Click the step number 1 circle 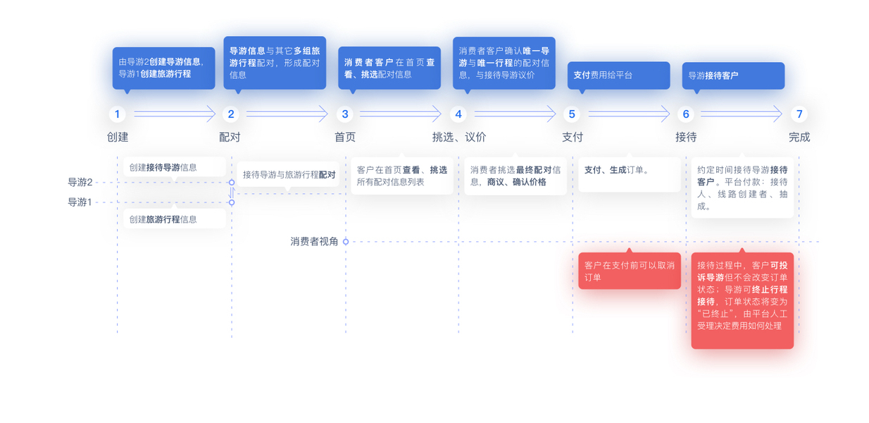(x=117, y=114)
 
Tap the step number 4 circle (x=458, y=114)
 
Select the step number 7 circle (x=799, y=114)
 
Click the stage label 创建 (x=118, y=137)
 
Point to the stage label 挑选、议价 (x=459, y=137)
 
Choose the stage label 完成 (x=799, y=137)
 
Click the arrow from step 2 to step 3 (x=287, y=114)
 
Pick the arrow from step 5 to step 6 (x=629, y=114)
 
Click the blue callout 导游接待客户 (x=733, y=75)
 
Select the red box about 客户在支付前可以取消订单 (x=630, y=271)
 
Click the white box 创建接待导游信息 (x=175, y=168)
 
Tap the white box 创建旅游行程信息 (x=175, y=219)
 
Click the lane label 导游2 (x=80, y=183)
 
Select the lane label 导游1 (x=80, y=202)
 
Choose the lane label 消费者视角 (x=314, y=242)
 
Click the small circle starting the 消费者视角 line (x=346, y=242)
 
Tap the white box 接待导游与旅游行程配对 (x=289, y=175)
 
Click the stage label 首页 (x=345, y=137)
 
